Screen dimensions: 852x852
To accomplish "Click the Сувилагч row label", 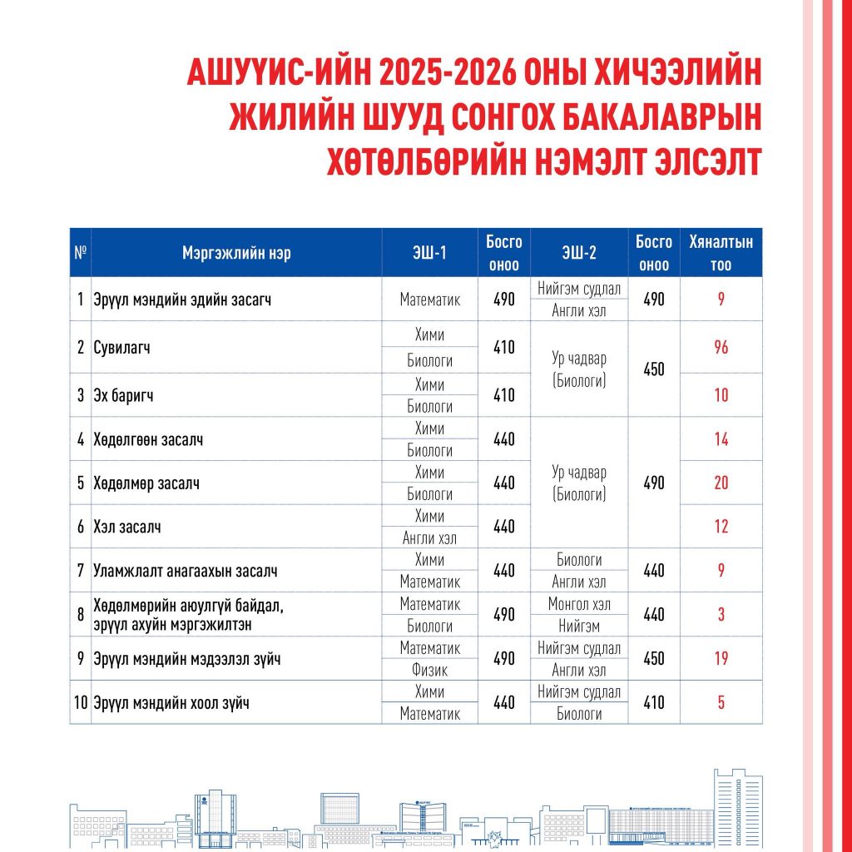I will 121,348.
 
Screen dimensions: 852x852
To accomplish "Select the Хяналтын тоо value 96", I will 721,348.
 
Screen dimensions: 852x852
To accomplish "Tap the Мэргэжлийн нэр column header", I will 236,254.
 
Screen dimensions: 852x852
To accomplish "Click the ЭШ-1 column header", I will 429,254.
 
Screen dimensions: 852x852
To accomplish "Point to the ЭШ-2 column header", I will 578,254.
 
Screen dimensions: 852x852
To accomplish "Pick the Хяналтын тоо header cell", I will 721,254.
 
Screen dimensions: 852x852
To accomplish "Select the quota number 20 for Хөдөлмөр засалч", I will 721,483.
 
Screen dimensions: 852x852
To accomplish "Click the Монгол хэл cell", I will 578,603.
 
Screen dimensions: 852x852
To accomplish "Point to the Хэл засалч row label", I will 127,527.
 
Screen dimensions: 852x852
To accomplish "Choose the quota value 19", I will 721,659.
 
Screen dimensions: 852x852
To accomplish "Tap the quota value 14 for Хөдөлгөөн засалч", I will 721,439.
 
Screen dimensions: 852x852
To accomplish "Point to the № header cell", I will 81,254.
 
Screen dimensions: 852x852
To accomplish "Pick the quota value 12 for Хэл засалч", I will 721,527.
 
